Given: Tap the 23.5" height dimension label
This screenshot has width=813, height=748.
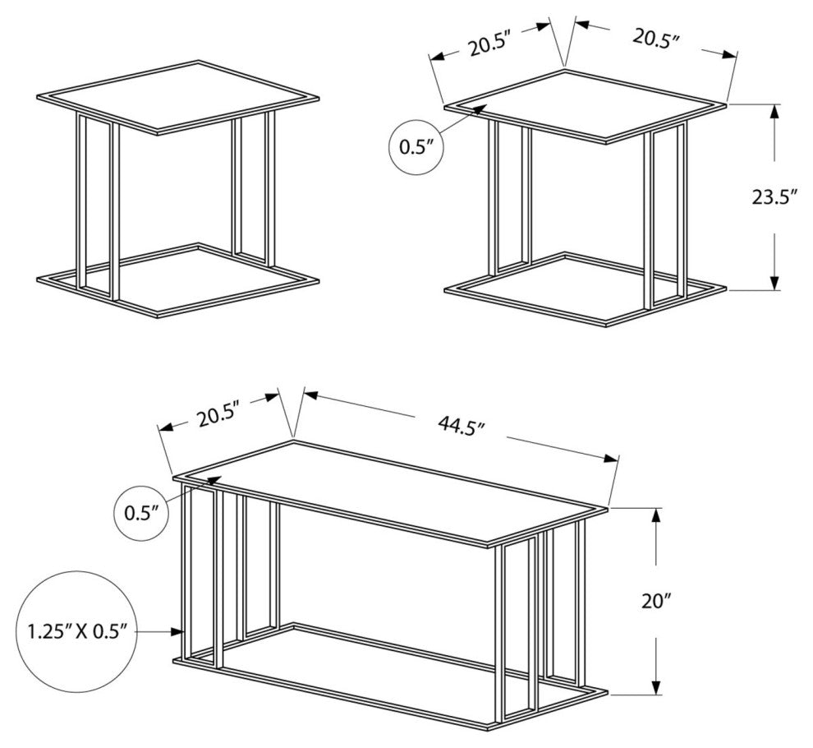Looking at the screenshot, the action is pos(774,197).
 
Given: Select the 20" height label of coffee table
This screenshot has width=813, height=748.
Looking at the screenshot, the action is pos(656,601).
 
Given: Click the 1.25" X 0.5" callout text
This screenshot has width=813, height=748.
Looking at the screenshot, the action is pos(77,632).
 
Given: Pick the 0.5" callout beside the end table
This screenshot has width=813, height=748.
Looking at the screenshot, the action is pos(416,147).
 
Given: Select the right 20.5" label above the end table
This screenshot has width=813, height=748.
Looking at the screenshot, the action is pos(656,37).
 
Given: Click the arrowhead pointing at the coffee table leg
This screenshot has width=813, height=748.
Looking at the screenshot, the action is pos(178,631).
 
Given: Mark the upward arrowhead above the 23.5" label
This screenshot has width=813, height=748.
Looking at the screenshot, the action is pos(774,113).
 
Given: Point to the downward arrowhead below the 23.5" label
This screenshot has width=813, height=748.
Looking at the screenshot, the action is pos(774,282).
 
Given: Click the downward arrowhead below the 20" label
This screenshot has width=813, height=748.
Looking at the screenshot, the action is pos(657,686).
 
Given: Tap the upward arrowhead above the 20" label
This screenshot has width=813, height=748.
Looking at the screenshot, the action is pos(657,517).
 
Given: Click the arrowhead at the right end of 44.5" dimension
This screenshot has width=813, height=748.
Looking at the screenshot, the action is pos(611,459).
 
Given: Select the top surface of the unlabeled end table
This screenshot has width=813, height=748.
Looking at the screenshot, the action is pos(178,97).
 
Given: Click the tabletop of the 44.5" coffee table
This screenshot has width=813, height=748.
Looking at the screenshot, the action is pos(390,494).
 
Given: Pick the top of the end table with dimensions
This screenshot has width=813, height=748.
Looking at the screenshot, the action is pos(586,105).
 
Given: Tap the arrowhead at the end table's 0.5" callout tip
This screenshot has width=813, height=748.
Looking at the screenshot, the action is pos(479,109).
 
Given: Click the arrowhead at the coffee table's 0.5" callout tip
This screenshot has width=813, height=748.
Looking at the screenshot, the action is pos(214,480).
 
